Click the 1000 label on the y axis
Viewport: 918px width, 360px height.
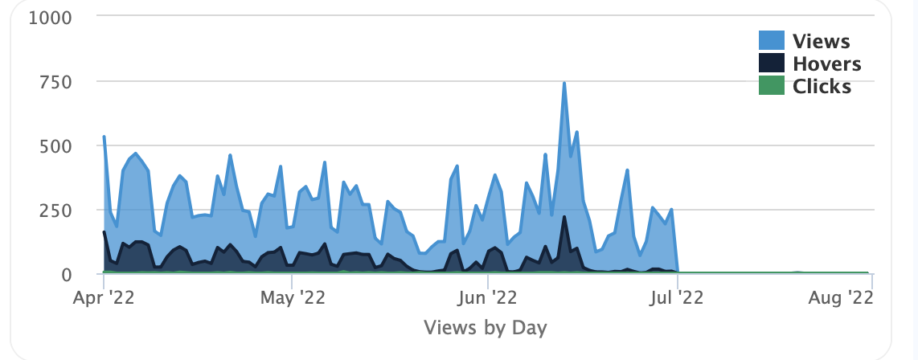pos(51,17)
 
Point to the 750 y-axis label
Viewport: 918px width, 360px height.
pos(56,82)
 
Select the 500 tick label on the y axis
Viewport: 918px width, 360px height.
pos(56,146)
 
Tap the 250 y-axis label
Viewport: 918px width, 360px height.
pos(56,211)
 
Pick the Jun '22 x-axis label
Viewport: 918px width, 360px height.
pos(489,298)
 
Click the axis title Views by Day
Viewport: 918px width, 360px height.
pos(485,328)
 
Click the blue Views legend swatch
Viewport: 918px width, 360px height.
pos(772,41)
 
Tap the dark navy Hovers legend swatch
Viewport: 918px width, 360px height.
pos(772,63)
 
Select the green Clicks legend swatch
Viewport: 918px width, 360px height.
pos(772,86)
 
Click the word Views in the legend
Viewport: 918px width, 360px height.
pos(821,41)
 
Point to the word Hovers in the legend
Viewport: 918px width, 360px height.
pos(826,63)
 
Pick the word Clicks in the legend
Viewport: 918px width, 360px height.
pos(822,86)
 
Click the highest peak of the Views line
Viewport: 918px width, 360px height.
pos(564,84)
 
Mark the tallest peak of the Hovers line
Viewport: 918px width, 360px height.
pos(564,217)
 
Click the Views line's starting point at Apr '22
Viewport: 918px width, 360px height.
pos(105,137)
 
